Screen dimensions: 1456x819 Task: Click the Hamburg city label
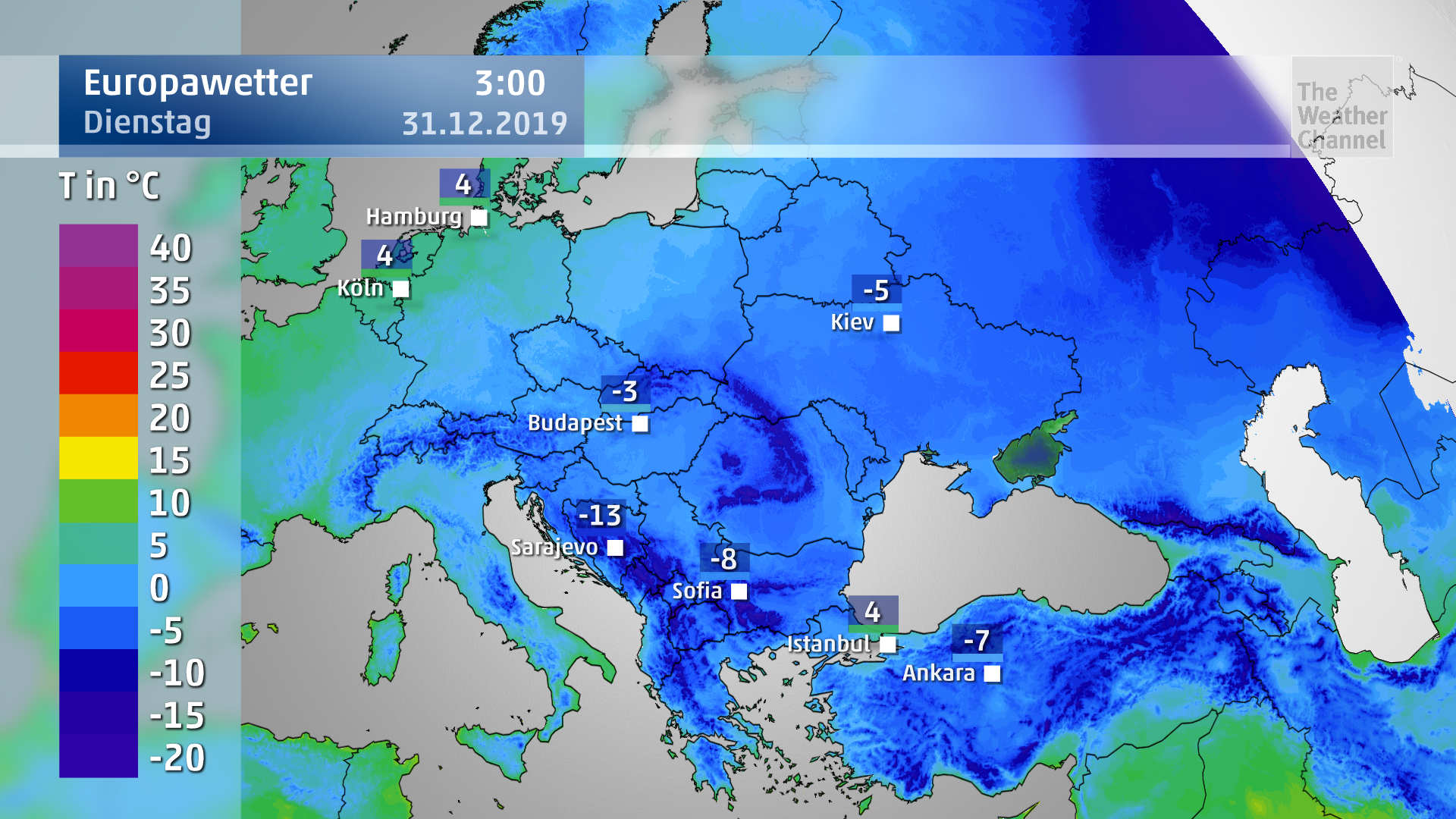(x=413, y=217)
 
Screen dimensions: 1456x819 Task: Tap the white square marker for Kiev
(x=892, y=323)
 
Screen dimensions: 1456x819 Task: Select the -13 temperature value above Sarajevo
(x=600, y=516)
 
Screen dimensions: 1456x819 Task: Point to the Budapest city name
(x=575, y=423)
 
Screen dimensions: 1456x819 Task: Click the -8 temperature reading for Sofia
(x=724, y=559)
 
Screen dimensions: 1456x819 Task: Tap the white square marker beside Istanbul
(x=888, y=645)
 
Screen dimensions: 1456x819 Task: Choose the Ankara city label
(x=938, y=673)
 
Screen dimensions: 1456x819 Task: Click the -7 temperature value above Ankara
(x=977, y=641)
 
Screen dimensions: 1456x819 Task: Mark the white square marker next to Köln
(x=401, y=289)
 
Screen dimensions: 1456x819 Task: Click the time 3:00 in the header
(x=510, y=83)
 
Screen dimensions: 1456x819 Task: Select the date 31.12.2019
(x=485, y=124)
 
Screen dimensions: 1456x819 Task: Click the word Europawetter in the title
(x=198, y=83)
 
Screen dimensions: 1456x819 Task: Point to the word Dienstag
(x=147, y=123)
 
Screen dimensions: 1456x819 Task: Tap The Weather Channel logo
(x=1341, y=115)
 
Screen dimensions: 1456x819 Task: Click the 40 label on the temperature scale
(x=171, y=248)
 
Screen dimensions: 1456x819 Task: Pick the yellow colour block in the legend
(x=99, y=457)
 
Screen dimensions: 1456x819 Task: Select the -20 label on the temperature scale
(x=177, y=758)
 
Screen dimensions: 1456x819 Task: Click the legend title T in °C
(x=109, y=186)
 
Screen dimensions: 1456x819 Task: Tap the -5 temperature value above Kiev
(x=877, y=290)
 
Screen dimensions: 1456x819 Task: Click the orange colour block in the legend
(x=99, y=415)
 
